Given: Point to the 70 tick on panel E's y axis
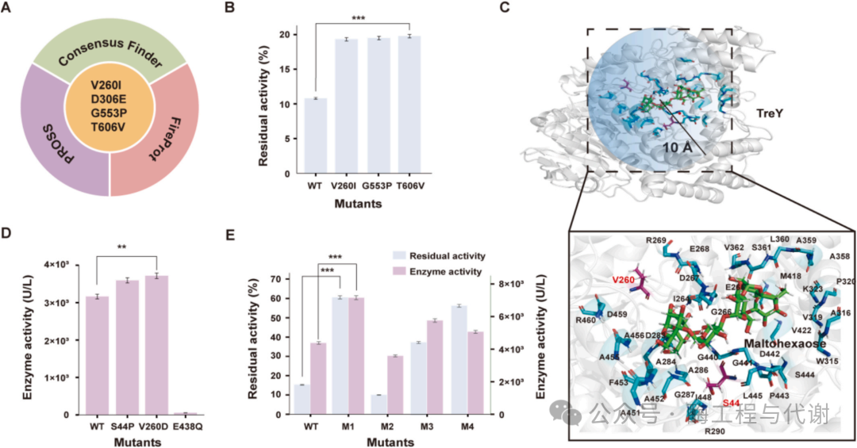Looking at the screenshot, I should coord(277,278).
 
